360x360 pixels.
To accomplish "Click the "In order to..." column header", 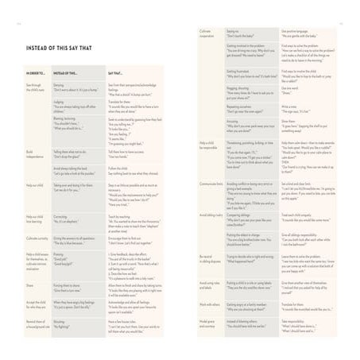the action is pyautogui.click(x=35, y=73).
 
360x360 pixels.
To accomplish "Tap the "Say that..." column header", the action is pyautogui.click(x=116, y=73).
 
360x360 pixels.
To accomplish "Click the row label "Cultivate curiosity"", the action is pyautogui.click(x=37, y=238).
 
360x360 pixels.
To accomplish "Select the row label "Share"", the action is pyautogui.click(x=30, y=284).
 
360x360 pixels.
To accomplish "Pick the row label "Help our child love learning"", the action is pyautogui.click(x=36, y=218).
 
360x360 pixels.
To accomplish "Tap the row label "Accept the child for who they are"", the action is pyautogui.click(x=37, y=304).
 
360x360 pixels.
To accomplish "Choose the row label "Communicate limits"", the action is pyautogui.click(x=212, y=183).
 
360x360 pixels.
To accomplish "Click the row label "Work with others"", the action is pyautogui.click(x=210, y=304).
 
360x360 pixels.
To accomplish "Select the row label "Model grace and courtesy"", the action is pyautogui.click(x=210, y=323).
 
